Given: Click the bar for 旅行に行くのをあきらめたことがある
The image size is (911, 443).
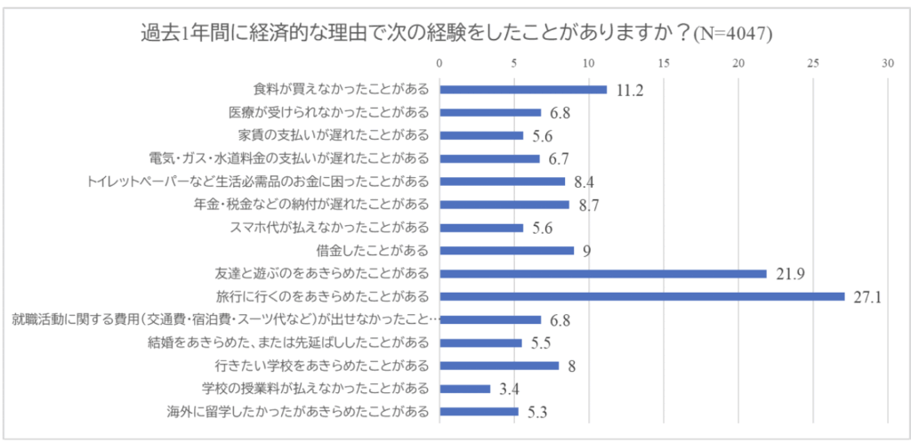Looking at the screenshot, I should pos(641,296).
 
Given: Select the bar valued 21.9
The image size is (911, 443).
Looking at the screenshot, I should pos(602,273).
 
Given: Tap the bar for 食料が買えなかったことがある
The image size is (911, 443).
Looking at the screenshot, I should pos(523,89).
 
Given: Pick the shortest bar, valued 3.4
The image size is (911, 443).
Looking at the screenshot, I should pos(464,389).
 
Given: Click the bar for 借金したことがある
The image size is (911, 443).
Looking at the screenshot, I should pos(506,250).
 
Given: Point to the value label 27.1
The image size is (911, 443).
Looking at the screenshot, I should pos(867,297).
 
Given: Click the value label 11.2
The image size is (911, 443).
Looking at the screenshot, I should pos(629,90).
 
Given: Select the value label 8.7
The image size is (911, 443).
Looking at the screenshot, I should pos(588,205).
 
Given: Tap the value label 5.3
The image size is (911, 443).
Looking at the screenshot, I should pos(537,412).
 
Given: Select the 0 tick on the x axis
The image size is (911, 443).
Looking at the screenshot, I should pos(439,64).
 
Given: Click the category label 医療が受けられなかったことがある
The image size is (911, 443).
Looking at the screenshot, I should pos(329,112).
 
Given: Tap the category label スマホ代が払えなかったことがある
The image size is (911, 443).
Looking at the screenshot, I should pos(330,227).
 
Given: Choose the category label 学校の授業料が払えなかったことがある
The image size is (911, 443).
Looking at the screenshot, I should pos(317,389).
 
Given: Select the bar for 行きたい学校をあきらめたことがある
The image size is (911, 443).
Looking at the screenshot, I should pos(499,366).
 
